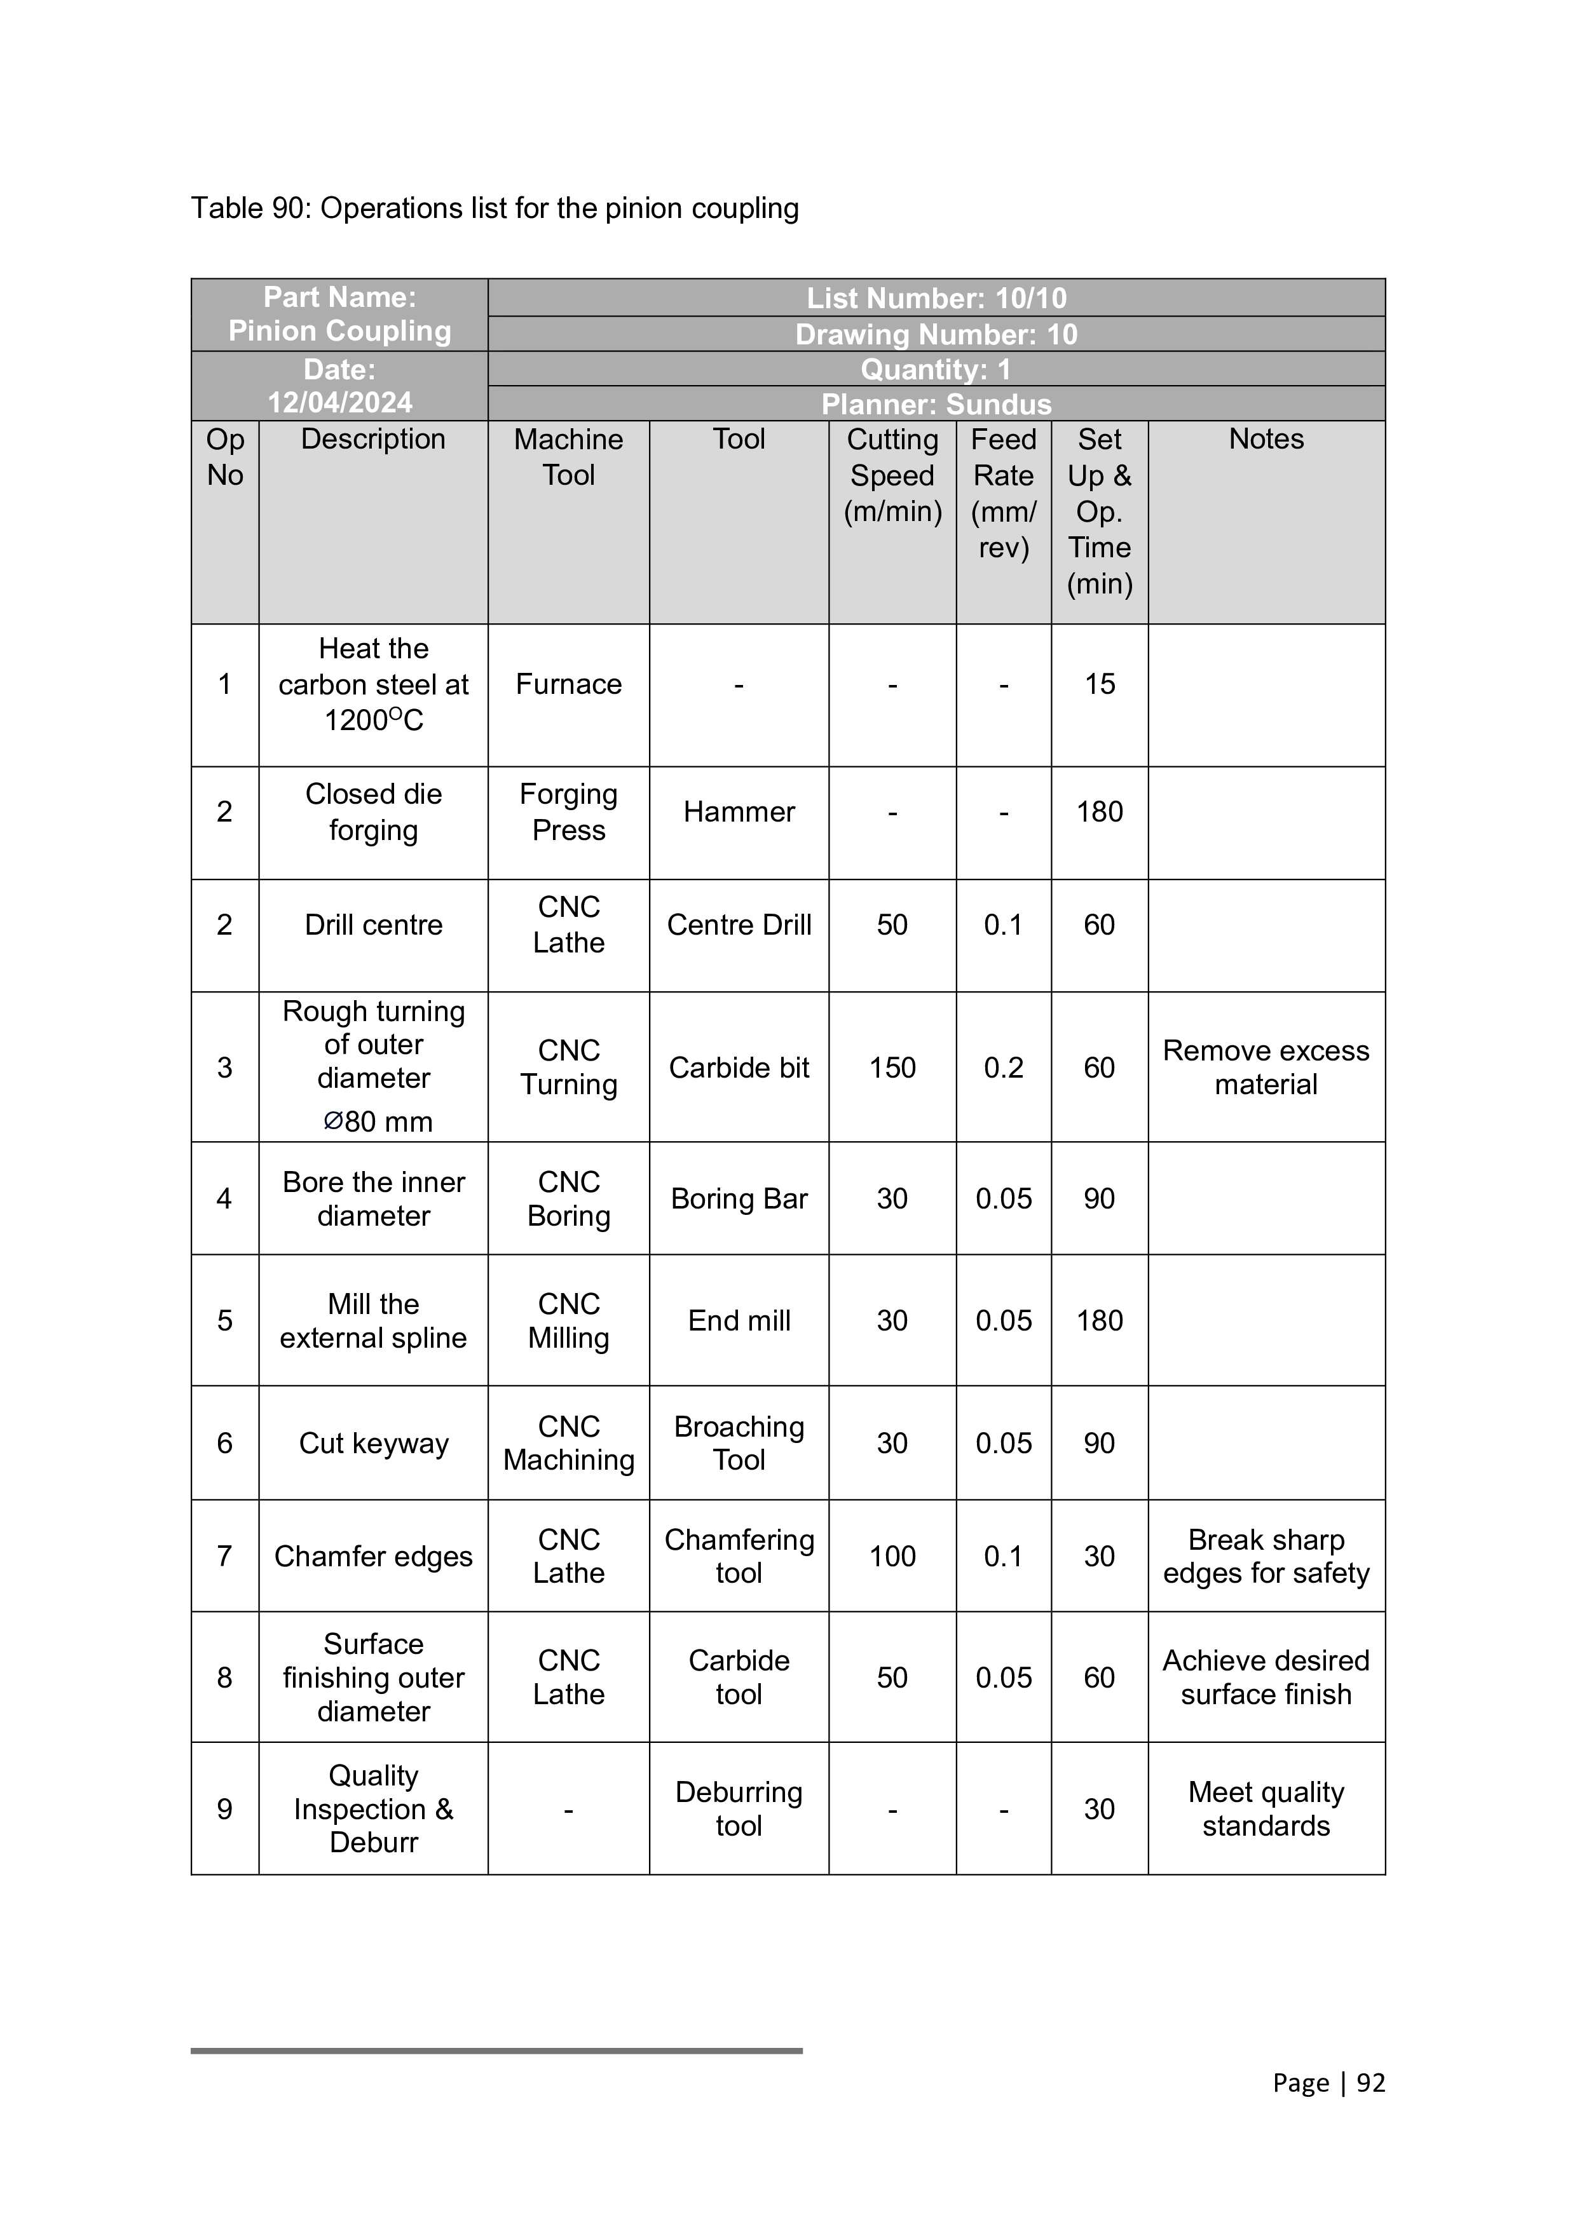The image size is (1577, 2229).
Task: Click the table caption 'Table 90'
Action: click(495, 208)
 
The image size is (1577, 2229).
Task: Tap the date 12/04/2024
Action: click(340, 402)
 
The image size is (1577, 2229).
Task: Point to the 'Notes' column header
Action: click(1266, 439)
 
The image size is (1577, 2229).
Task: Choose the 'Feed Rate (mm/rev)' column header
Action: click(1003, 493)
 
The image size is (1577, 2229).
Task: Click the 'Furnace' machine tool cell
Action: click(568, 684)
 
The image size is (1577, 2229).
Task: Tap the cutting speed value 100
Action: click(891, 1556)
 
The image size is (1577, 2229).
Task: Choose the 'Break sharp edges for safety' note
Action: click(1266, 1556)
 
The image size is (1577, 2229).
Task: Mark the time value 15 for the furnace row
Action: click(1099, 684)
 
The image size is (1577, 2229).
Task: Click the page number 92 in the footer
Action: click(1370, 2082)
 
